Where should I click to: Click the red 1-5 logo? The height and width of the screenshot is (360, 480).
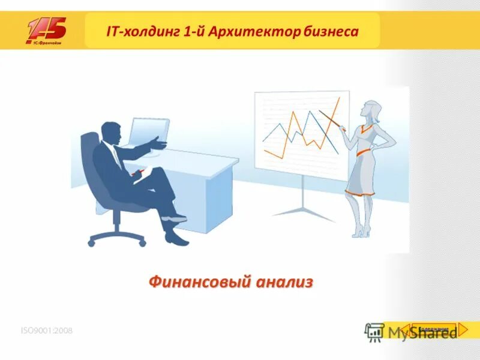[x=46, y=30]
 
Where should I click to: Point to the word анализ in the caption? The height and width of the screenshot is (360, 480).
[x=285, y=281]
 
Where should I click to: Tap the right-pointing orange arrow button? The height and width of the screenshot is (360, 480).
[x=463, y=329]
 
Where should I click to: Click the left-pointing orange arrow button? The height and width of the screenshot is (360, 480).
[x=406, y=329]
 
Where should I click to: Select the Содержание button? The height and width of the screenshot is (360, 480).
[x=434, y=329]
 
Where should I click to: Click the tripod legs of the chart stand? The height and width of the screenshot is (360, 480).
[x=303, y=207]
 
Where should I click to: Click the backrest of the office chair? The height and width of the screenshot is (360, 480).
[x=90, y=162]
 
